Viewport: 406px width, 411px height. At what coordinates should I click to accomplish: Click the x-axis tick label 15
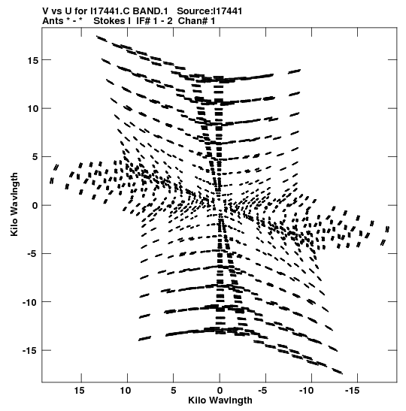(79, 390)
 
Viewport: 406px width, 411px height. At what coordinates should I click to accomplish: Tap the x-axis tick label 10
(126, 390)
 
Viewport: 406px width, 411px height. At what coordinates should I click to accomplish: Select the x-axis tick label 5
(174, 390)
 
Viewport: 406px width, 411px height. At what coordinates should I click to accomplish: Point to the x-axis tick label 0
(220, 390)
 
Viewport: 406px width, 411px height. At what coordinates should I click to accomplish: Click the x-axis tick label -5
(262, 390)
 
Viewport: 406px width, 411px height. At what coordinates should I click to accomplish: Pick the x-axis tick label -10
(306, 390)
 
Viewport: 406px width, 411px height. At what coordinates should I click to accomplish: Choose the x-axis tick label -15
(352, 390)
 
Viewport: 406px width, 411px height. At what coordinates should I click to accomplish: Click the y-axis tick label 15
(33, 60)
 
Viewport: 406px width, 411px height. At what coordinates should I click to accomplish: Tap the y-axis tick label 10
(33, 108)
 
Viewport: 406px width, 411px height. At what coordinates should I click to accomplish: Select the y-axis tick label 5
(35, 157)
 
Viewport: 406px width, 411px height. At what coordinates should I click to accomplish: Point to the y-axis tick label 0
(35, 206)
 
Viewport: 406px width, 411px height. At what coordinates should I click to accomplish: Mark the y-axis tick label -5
(33, 254)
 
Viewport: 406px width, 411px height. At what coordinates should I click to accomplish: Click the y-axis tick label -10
(31, 302)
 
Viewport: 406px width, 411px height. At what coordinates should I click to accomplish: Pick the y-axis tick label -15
(31, 351)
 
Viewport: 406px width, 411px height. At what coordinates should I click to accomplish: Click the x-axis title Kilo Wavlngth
(220, 400)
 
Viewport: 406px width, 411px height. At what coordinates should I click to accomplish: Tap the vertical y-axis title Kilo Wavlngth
(14, 204)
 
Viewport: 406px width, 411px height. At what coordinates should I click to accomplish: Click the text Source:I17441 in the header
(210, 11)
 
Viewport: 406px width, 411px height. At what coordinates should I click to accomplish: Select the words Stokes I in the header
(112, 21)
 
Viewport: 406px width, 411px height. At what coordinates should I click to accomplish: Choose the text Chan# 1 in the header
(196, 21)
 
